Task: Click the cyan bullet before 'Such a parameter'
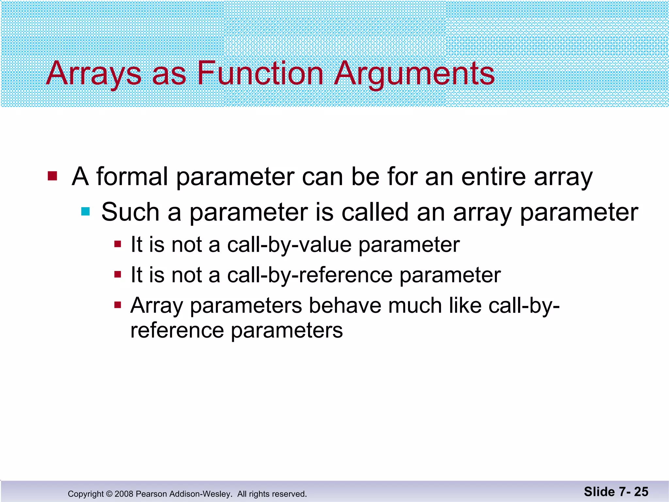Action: (x=85, y=211)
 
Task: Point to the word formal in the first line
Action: (x=132, y=176)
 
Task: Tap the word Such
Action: (x=130, y=212)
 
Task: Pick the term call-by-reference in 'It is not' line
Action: (x=309, y=275)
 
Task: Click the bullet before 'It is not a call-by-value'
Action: (x=118, y=244)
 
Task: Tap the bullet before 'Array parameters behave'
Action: (x=118, y=305)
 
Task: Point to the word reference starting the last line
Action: (x=177, y=330)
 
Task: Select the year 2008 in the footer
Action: (x=124, y=494)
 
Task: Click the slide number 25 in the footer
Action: (x=641, y=492)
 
